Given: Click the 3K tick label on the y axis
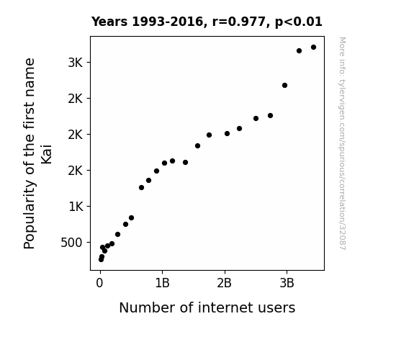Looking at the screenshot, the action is [76, 63].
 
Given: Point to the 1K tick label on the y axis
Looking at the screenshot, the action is [76, 207].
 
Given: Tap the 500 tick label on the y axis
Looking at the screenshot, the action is [71, 243].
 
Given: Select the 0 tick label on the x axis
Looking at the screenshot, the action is [99, 284].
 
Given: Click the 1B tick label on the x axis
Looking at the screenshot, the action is [162, 284].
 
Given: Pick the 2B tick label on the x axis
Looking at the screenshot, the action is [224, 284].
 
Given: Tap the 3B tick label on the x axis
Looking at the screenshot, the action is [287, 284].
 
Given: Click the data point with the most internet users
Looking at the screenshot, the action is [313, 48].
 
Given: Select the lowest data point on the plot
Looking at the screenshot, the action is [101, 260].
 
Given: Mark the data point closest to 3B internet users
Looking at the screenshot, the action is [284, 85].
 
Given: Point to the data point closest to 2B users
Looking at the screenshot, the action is [227, 134].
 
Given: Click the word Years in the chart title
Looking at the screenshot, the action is [109, 22].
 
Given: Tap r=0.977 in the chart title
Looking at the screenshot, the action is [239, 22].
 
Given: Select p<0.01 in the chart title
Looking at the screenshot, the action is [299, 22].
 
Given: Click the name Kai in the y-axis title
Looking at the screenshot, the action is [47, 154].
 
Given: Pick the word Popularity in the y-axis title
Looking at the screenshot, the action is [30, 215].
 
